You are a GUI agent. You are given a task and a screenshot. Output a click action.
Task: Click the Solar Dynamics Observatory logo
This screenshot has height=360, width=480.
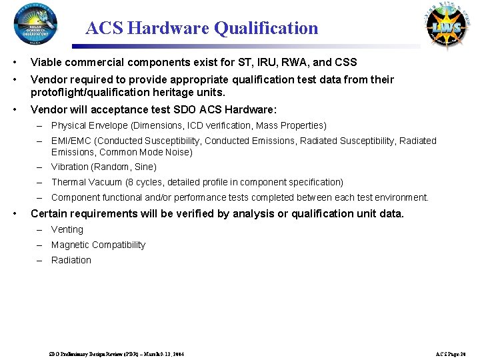click(x=35, y=27)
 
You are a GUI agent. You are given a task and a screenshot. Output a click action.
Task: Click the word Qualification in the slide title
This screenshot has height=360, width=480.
click(x=265, y=28)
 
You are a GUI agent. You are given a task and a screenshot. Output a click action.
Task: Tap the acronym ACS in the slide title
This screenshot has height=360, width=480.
click(x=104, y=28)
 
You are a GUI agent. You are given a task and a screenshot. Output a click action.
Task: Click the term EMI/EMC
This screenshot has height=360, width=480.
click(x=71, y=141)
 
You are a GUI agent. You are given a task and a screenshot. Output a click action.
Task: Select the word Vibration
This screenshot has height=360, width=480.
click(x=71, y=167)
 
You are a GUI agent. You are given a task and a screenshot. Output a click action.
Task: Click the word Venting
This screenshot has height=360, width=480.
click(x=67, y=229)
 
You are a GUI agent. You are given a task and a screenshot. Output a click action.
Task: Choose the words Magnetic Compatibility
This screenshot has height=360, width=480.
click(x=98, y=245)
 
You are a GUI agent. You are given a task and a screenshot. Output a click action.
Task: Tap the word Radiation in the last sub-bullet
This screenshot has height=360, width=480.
click(x=71, y=260)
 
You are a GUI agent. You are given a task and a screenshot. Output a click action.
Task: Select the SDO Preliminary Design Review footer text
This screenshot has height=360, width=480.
click(x=117, y=353)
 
